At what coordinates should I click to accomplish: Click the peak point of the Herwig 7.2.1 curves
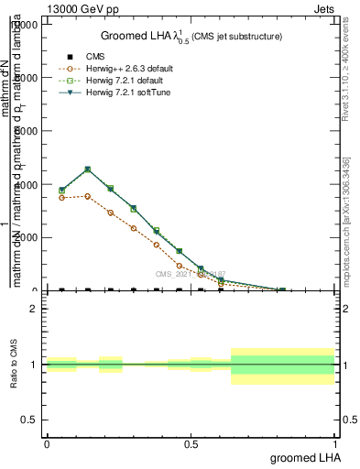pos(87,169)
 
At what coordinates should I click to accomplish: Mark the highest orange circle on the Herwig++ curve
pos(87,196)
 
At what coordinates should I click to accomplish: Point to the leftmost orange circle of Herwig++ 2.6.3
pos(61,198)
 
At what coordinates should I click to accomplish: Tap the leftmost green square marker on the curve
pos(61,191)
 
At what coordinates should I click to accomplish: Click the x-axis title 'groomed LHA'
pos(303,457)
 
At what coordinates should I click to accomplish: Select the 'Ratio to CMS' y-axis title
pos(13,365)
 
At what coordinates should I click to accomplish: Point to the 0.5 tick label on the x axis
pos(191,443)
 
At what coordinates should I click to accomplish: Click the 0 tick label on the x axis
pos(47,443)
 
